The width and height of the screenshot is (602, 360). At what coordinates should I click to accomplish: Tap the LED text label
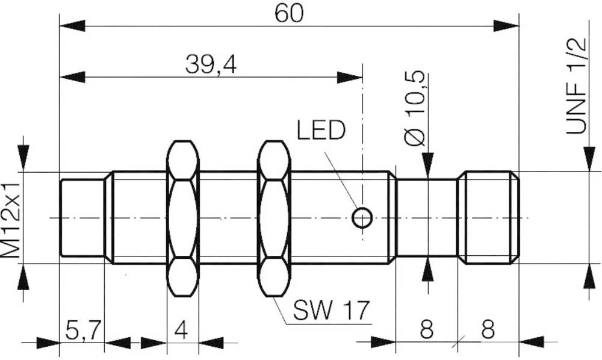point(321,130)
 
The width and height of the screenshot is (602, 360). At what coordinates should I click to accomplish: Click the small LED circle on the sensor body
point(362,217)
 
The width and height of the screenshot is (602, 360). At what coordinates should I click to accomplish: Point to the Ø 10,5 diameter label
point(415,108)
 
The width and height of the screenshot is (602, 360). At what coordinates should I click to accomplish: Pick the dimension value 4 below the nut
point(182,331)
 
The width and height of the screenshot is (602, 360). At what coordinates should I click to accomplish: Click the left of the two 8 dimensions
point(426,331)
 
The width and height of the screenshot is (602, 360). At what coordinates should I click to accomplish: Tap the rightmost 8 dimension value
point(488,331)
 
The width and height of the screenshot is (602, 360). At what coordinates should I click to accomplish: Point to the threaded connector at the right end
point(488,217)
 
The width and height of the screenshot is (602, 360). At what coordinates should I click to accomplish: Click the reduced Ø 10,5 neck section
point(426,217)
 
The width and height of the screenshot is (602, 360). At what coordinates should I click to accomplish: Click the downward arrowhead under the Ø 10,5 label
point(427,164)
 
